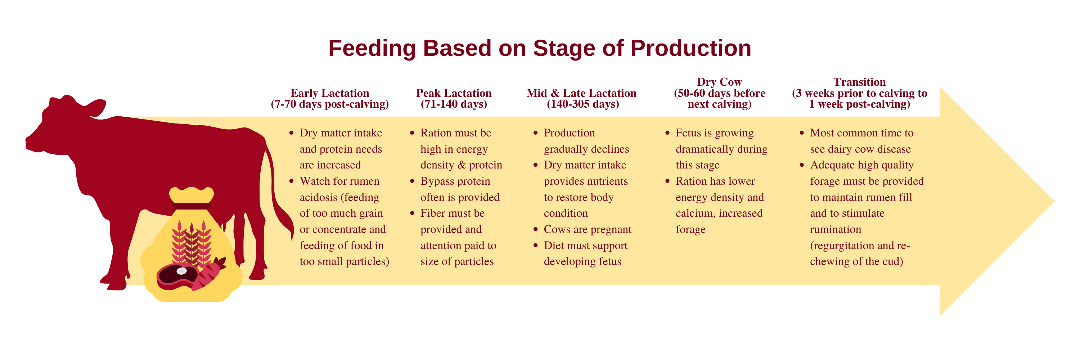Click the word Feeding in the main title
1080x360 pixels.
372,48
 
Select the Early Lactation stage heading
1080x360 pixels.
330,93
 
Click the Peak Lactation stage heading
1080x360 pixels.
454,93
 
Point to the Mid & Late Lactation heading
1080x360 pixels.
581,93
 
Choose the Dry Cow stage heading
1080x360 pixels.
719,82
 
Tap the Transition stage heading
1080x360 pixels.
859,82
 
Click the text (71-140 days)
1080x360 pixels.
454,104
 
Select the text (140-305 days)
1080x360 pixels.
583,104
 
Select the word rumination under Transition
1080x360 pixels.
836,229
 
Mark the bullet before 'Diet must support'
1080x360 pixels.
535,246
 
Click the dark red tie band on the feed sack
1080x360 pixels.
192,206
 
